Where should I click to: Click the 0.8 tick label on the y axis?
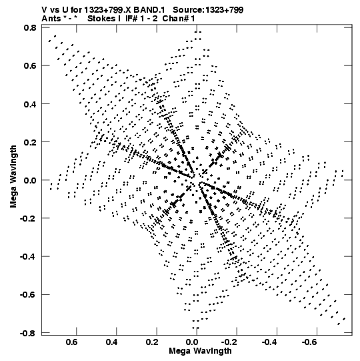[30, 28]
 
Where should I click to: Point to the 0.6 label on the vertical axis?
[30, 65]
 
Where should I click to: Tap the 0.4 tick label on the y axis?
[30, 104]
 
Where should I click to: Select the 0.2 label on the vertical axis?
[30, 142]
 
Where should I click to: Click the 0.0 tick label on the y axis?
[30, 180]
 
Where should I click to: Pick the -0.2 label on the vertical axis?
[28, 218]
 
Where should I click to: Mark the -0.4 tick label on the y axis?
[28, 256]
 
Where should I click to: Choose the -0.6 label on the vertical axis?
[28, 294]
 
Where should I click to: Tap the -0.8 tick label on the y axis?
[28, 333]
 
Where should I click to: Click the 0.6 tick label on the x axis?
[72, 342]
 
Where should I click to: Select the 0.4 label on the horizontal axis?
[112, 342]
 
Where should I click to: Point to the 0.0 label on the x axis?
[192, 342]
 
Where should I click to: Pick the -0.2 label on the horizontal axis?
[231, 342]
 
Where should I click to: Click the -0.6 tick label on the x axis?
[311, 342]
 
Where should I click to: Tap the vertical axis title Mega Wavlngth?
[13, 176]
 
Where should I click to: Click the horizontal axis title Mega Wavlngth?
[200, 351]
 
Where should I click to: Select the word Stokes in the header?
[101, 19]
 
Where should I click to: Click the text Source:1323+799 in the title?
[208, 10]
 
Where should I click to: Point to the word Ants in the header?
[51, 19]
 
